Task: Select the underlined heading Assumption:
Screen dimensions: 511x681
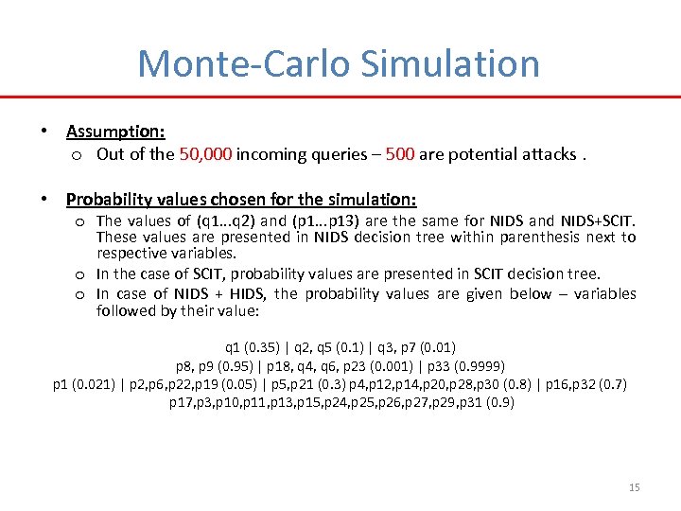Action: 115,132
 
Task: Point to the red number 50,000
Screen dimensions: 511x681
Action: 205,153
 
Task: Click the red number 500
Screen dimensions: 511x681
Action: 400,153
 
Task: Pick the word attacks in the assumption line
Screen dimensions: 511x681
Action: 546,153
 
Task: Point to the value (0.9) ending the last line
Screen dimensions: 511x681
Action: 498,402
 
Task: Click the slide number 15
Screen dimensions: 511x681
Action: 634,487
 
